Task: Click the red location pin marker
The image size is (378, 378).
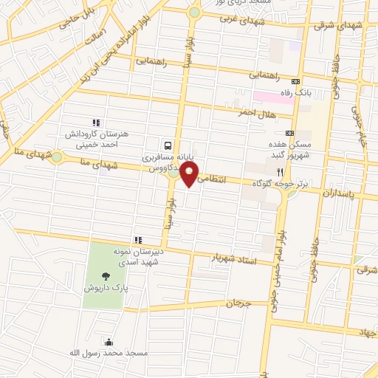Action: [x=191, y=174]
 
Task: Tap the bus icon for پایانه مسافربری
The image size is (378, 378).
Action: [x=169, y=145]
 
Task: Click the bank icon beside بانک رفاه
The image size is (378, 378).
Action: [x=296, y=81]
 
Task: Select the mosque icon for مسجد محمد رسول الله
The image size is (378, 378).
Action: [x=109, y=342]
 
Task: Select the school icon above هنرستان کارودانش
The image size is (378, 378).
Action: [x=95, y=123]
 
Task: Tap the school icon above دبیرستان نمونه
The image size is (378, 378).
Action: [x=137, y=240]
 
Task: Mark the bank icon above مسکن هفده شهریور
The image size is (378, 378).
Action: [x=289, y=133]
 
